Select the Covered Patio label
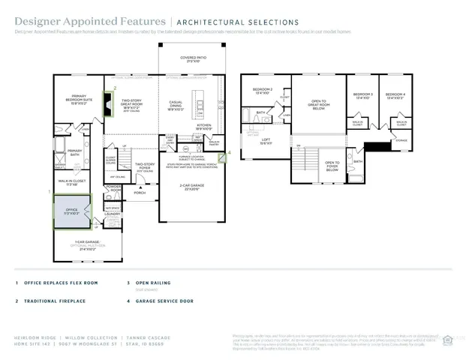point(193,59)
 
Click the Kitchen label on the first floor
point(204,125)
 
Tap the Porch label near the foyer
point(140,192)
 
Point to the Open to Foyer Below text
point(332,166)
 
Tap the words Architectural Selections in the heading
point(236,22)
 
